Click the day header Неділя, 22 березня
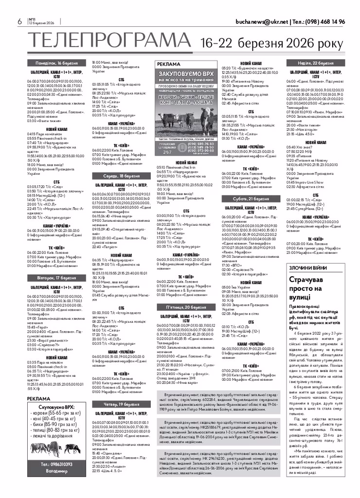click(315, 63)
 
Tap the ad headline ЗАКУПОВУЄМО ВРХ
click(186, 75)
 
